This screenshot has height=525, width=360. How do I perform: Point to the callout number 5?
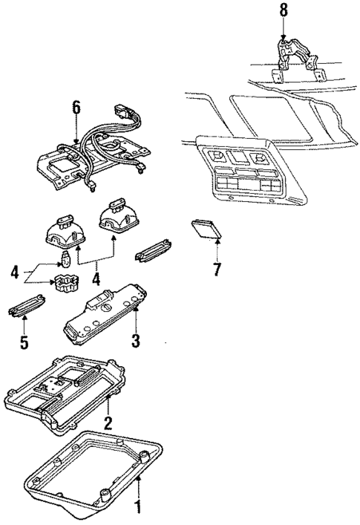click(x=23, y=344)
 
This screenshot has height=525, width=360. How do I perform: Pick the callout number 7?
click(x=217, y=269)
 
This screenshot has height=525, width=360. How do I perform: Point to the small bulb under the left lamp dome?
click(x=65, y=260)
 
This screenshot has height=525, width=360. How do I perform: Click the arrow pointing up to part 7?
click(x=216, y=251)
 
